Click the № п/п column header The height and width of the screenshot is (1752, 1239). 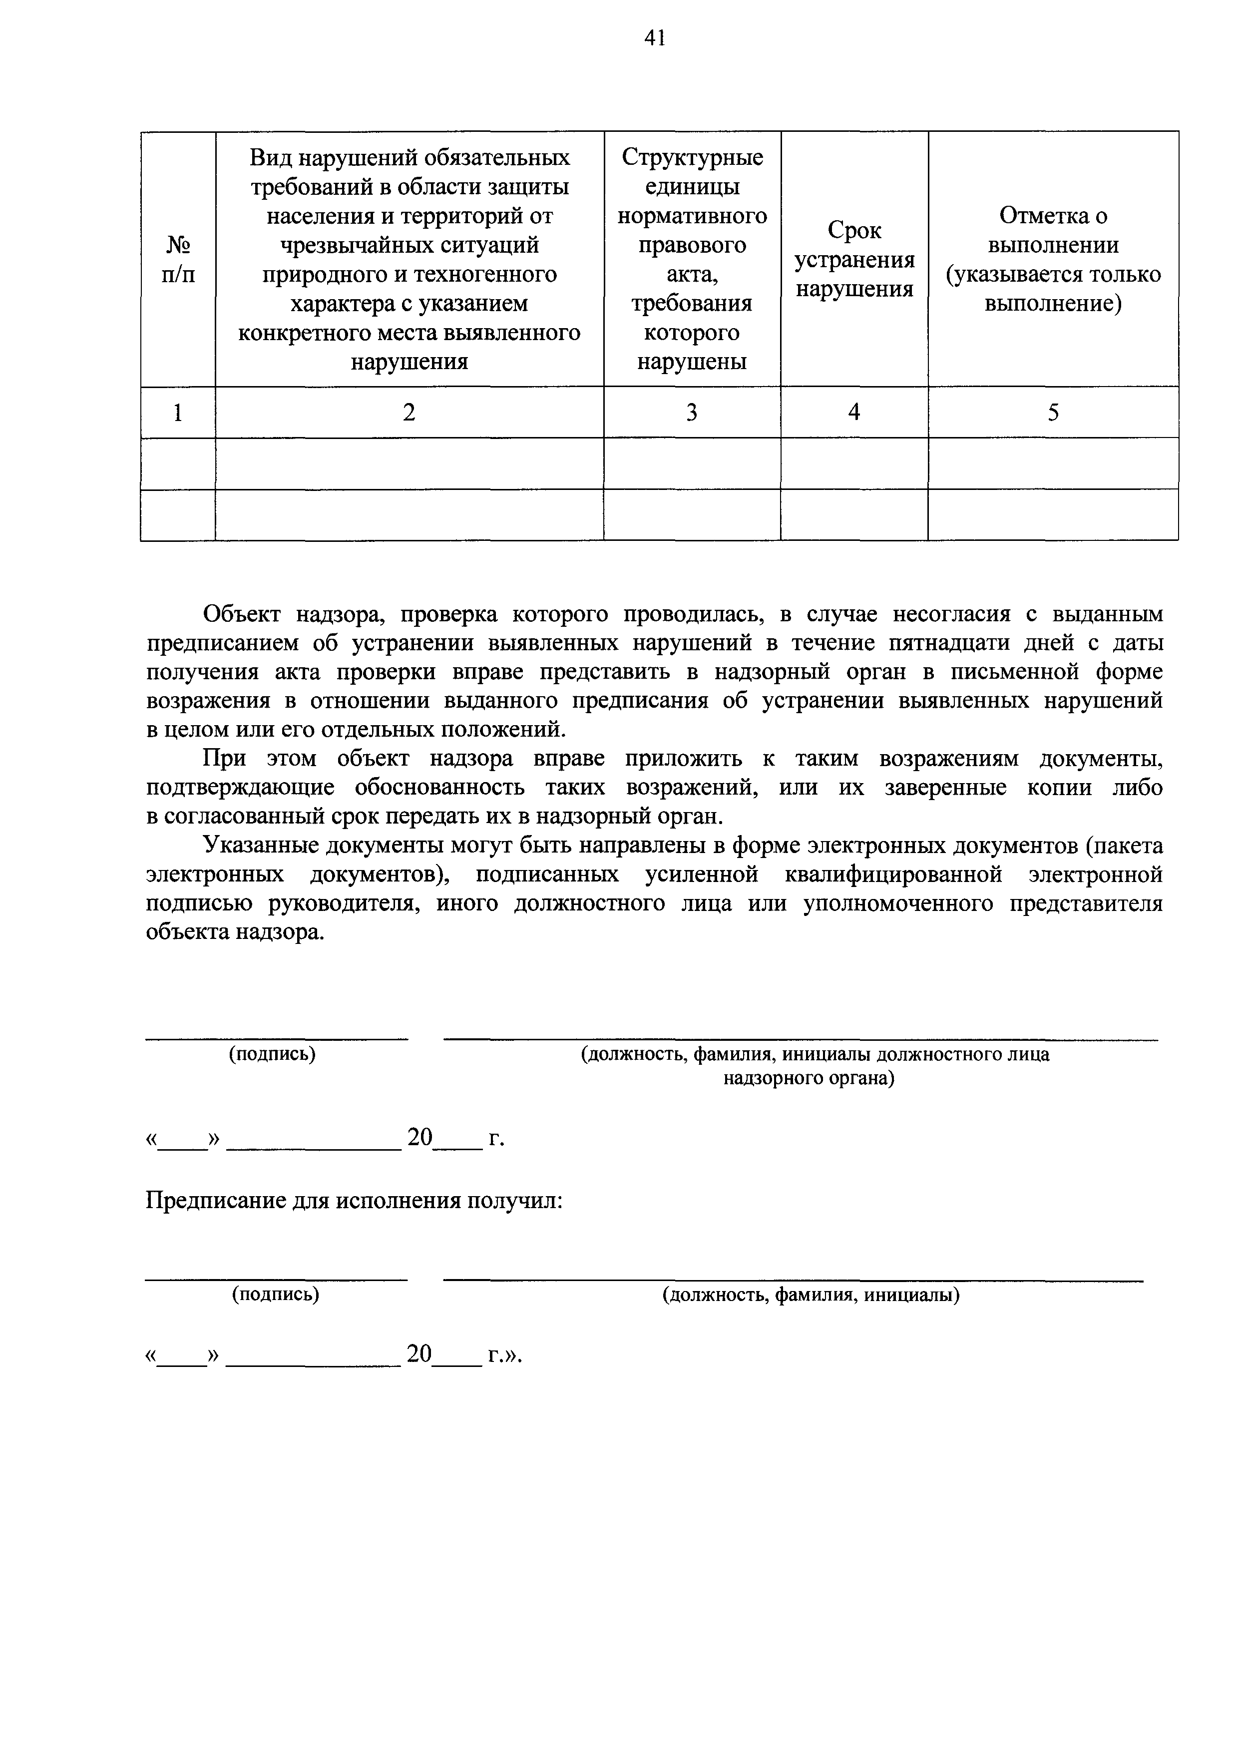click(x=178, y=259)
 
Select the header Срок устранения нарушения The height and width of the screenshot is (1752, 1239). click(x=854, y=259)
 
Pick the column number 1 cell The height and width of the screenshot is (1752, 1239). click(x=178, y=413)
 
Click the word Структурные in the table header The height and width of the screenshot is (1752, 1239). click(x=692, y=157)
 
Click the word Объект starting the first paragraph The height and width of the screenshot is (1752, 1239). click(x=243, y=614)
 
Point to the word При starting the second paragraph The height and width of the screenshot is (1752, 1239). click(x=221, y=759)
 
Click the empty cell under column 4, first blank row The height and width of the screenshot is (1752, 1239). click(x=854, y=463)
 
